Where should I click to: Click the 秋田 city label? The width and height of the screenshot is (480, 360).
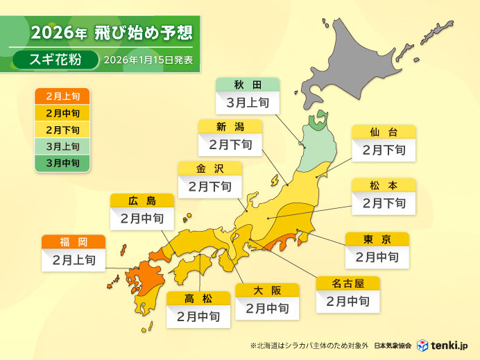[248, 85]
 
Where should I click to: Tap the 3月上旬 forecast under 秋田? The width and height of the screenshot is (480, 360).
[248, 103]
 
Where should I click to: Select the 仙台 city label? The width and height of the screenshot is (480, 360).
[384, 131]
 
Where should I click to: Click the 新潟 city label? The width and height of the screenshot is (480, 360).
[230, 126]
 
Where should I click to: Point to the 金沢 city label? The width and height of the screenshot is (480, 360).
[210, 168]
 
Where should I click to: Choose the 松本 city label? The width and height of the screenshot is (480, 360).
[384, 185]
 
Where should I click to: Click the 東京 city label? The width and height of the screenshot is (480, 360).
[377, 239]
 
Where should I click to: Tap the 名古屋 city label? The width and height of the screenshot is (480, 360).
[348, 283]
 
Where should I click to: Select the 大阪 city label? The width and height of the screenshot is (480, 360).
[267, 289]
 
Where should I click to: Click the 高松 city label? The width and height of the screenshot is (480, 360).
[198, 298]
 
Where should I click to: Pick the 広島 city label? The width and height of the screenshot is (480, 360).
[142, 201]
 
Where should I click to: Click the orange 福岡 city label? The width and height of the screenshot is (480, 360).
[74, 242]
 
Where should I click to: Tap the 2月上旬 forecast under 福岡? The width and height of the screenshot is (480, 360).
[74, 261]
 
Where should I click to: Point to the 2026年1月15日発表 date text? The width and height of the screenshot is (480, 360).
[148, 60]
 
